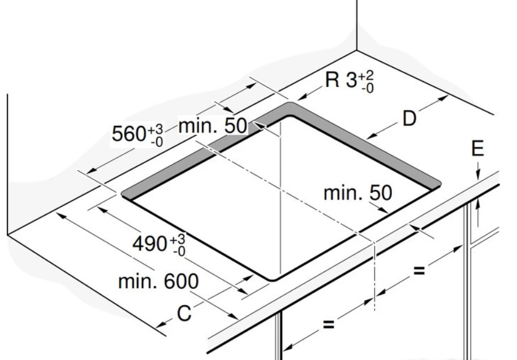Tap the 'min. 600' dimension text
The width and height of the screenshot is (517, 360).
click(158, 281)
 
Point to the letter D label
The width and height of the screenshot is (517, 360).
click(409, 119)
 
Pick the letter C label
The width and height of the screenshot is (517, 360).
click(184, 313)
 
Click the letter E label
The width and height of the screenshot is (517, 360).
click(477, 148)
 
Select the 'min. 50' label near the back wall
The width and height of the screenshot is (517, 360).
click(213, 125)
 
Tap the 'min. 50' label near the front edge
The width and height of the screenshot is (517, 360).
click(357, 193)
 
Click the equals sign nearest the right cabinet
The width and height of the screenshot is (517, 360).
click(419, 271)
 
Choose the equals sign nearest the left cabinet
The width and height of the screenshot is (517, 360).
click(329, 324)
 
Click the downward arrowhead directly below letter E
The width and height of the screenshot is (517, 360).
click(478, 175)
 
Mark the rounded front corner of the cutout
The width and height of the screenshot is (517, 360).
click(273, 280)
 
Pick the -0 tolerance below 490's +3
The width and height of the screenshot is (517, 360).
click(180, 251)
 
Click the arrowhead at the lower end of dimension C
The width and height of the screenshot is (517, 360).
click(161, 324)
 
